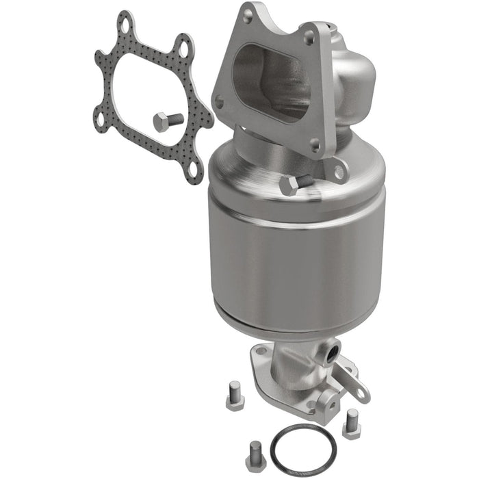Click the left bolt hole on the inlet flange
coord(219,102)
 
